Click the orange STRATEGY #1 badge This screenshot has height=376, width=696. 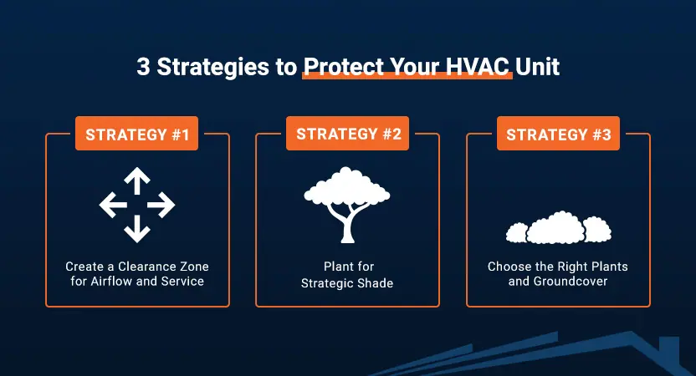136,134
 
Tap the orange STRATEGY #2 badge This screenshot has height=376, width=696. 346,134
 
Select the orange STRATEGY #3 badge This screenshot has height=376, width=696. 557,134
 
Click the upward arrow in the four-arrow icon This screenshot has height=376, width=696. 137,179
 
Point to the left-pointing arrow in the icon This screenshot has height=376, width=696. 111,205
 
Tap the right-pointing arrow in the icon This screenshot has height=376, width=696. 163,205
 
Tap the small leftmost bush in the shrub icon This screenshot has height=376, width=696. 516,231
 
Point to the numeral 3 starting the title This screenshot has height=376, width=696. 142,67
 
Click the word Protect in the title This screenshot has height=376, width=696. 338,67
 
